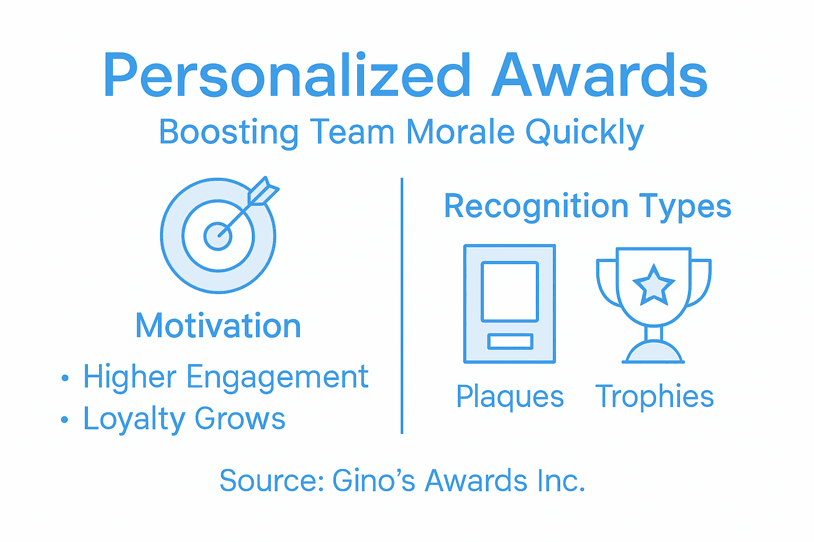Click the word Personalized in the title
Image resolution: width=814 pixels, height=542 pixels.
click(287, 76)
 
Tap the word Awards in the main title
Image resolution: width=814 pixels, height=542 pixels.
click(599, 76)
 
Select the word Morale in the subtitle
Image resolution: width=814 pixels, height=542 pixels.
click(460, 132)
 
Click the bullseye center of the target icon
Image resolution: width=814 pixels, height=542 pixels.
click(218, 236)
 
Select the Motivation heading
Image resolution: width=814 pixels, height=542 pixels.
click(218, 326)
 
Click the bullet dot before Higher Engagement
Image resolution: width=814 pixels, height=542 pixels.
click(65, 378)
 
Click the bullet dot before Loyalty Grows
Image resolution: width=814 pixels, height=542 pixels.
click(65, 420)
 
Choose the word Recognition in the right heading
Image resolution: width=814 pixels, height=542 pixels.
click(536, 206)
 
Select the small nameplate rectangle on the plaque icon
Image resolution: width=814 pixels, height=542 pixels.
click(510, 341)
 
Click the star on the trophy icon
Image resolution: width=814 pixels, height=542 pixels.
click(654, 286)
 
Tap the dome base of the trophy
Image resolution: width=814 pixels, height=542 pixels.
click(654, 353)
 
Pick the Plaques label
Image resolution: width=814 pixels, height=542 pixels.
click(510, 397)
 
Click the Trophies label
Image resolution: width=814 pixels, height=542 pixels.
click(654, 397)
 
